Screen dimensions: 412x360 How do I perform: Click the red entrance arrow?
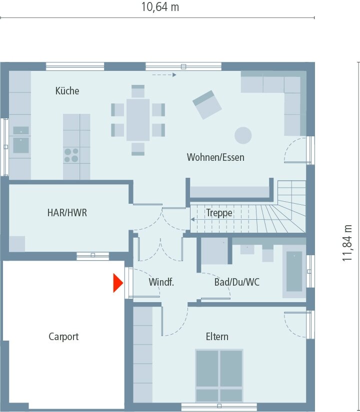click(118, 283)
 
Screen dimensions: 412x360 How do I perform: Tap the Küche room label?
click(67, 91)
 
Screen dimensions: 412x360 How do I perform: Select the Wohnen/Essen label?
click(215, 157)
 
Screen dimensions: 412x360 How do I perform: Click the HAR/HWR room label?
click(67, 213)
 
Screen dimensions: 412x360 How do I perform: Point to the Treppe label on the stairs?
click(219, 213)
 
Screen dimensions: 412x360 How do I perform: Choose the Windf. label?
click(161, 282)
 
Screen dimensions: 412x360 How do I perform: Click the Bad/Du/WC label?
click(237, 282)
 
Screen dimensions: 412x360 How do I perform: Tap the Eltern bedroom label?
click(217, 337)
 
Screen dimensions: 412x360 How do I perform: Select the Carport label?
click(63, 337)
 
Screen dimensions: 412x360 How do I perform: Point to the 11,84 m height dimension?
click(347, 243)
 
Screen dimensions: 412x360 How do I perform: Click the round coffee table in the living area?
click(243, 135)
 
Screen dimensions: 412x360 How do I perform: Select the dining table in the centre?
click(138, 120)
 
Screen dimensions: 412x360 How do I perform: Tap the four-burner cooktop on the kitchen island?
click(71, 155)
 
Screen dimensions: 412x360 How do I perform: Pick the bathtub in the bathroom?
click(294, 271)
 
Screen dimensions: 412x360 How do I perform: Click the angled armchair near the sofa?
click(207, 104)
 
